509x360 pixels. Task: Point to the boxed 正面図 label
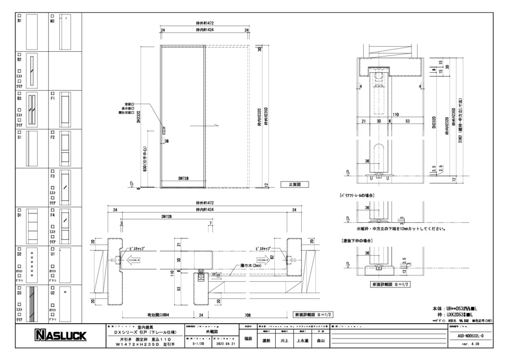(295, 185)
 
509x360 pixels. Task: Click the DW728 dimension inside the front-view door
(184, 179)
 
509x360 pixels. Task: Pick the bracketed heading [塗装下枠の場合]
(357, 240)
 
